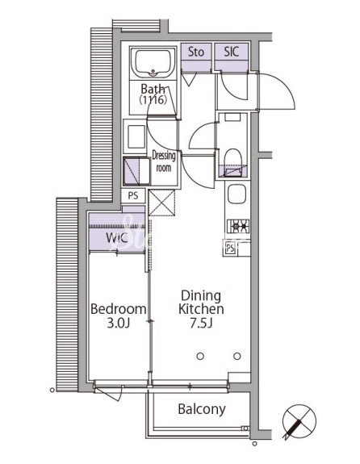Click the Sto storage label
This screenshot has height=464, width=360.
[x=196, y=52]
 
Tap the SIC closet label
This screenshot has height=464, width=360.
[x=231, y=52]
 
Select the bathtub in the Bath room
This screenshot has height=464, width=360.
[x=153, y=63]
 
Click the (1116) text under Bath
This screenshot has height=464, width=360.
[x=153, y=100]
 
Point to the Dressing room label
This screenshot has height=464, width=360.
[x=164, y=161]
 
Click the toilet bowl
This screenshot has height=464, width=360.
[x=232, y=160]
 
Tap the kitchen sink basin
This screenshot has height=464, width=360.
[x=237, y=194]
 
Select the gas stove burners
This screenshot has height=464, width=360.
[x=238, y=227]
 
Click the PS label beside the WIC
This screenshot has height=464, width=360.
[x=133, y=196]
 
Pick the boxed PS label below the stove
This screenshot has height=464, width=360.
[x=230, y=248]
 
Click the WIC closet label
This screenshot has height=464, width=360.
[x=117, y=237]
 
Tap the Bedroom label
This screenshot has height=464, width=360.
[x=118, y=309]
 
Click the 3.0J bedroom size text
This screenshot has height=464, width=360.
[x=119, y=323]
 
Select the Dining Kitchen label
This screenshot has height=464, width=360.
[x=201, y=303]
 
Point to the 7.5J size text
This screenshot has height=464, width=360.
[x=201, y=323]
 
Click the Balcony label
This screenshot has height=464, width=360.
[x=202, y=409]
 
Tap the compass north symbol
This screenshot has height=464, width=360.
[x=299, y=422]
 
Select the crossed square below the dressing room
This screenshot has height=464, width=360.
[x=161, y=203]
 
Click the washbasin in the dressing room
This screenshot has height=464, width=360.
[x=136, y=136]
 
